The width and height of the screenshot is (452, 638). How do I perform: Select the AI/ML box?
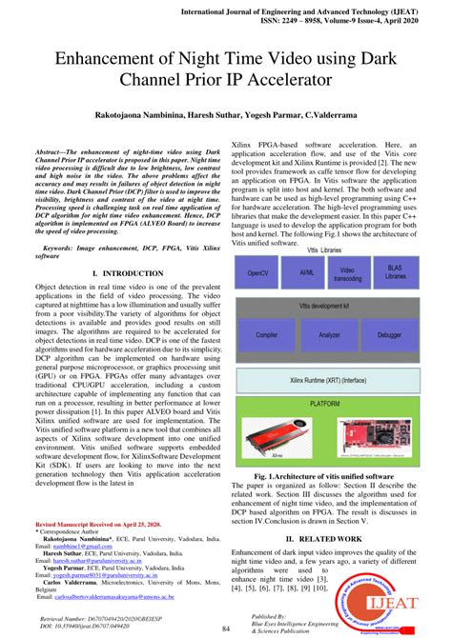point(306,272)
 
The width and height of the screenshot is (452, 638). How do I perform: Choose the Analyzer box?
point(330,335)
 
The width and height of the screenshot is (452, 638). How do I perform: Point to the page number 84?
point(226,628)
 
